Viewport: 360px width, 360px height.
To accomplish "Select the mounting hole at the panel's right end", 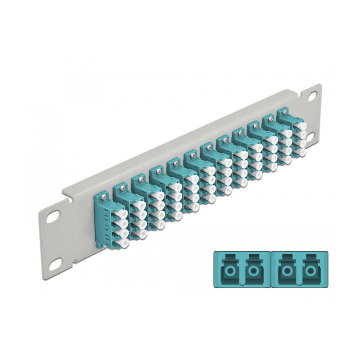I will click(312, 96).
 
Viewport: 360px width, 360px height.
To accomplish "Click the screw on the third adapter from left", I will click(139, 178).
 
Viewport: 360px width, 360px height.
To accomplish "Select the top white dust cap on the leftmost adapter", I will click(122, 214).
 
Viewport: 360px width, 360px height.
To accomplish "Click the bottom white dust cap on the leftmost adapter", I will click(122, 243).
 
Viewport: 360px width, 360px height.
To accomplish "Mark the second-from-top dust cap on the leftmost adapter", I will click(122, 224).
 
